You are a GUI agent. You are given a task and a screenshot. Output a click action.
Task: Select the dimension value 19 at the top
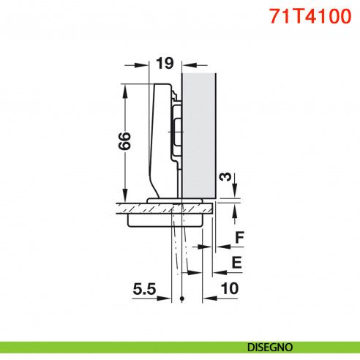pos(164,64)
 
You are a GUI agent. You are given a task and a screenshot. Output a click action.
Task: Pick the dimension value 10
pos(228,288)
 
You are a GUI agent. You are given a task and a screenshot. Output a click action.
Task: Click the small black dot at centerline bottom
pos(180,299)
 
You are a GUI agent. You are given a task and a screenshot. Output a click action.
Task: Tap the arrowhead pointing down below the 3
pos(234,194)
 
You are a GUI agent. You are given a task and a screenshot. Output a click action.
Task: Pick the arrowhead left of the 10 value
pos(207,299)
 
